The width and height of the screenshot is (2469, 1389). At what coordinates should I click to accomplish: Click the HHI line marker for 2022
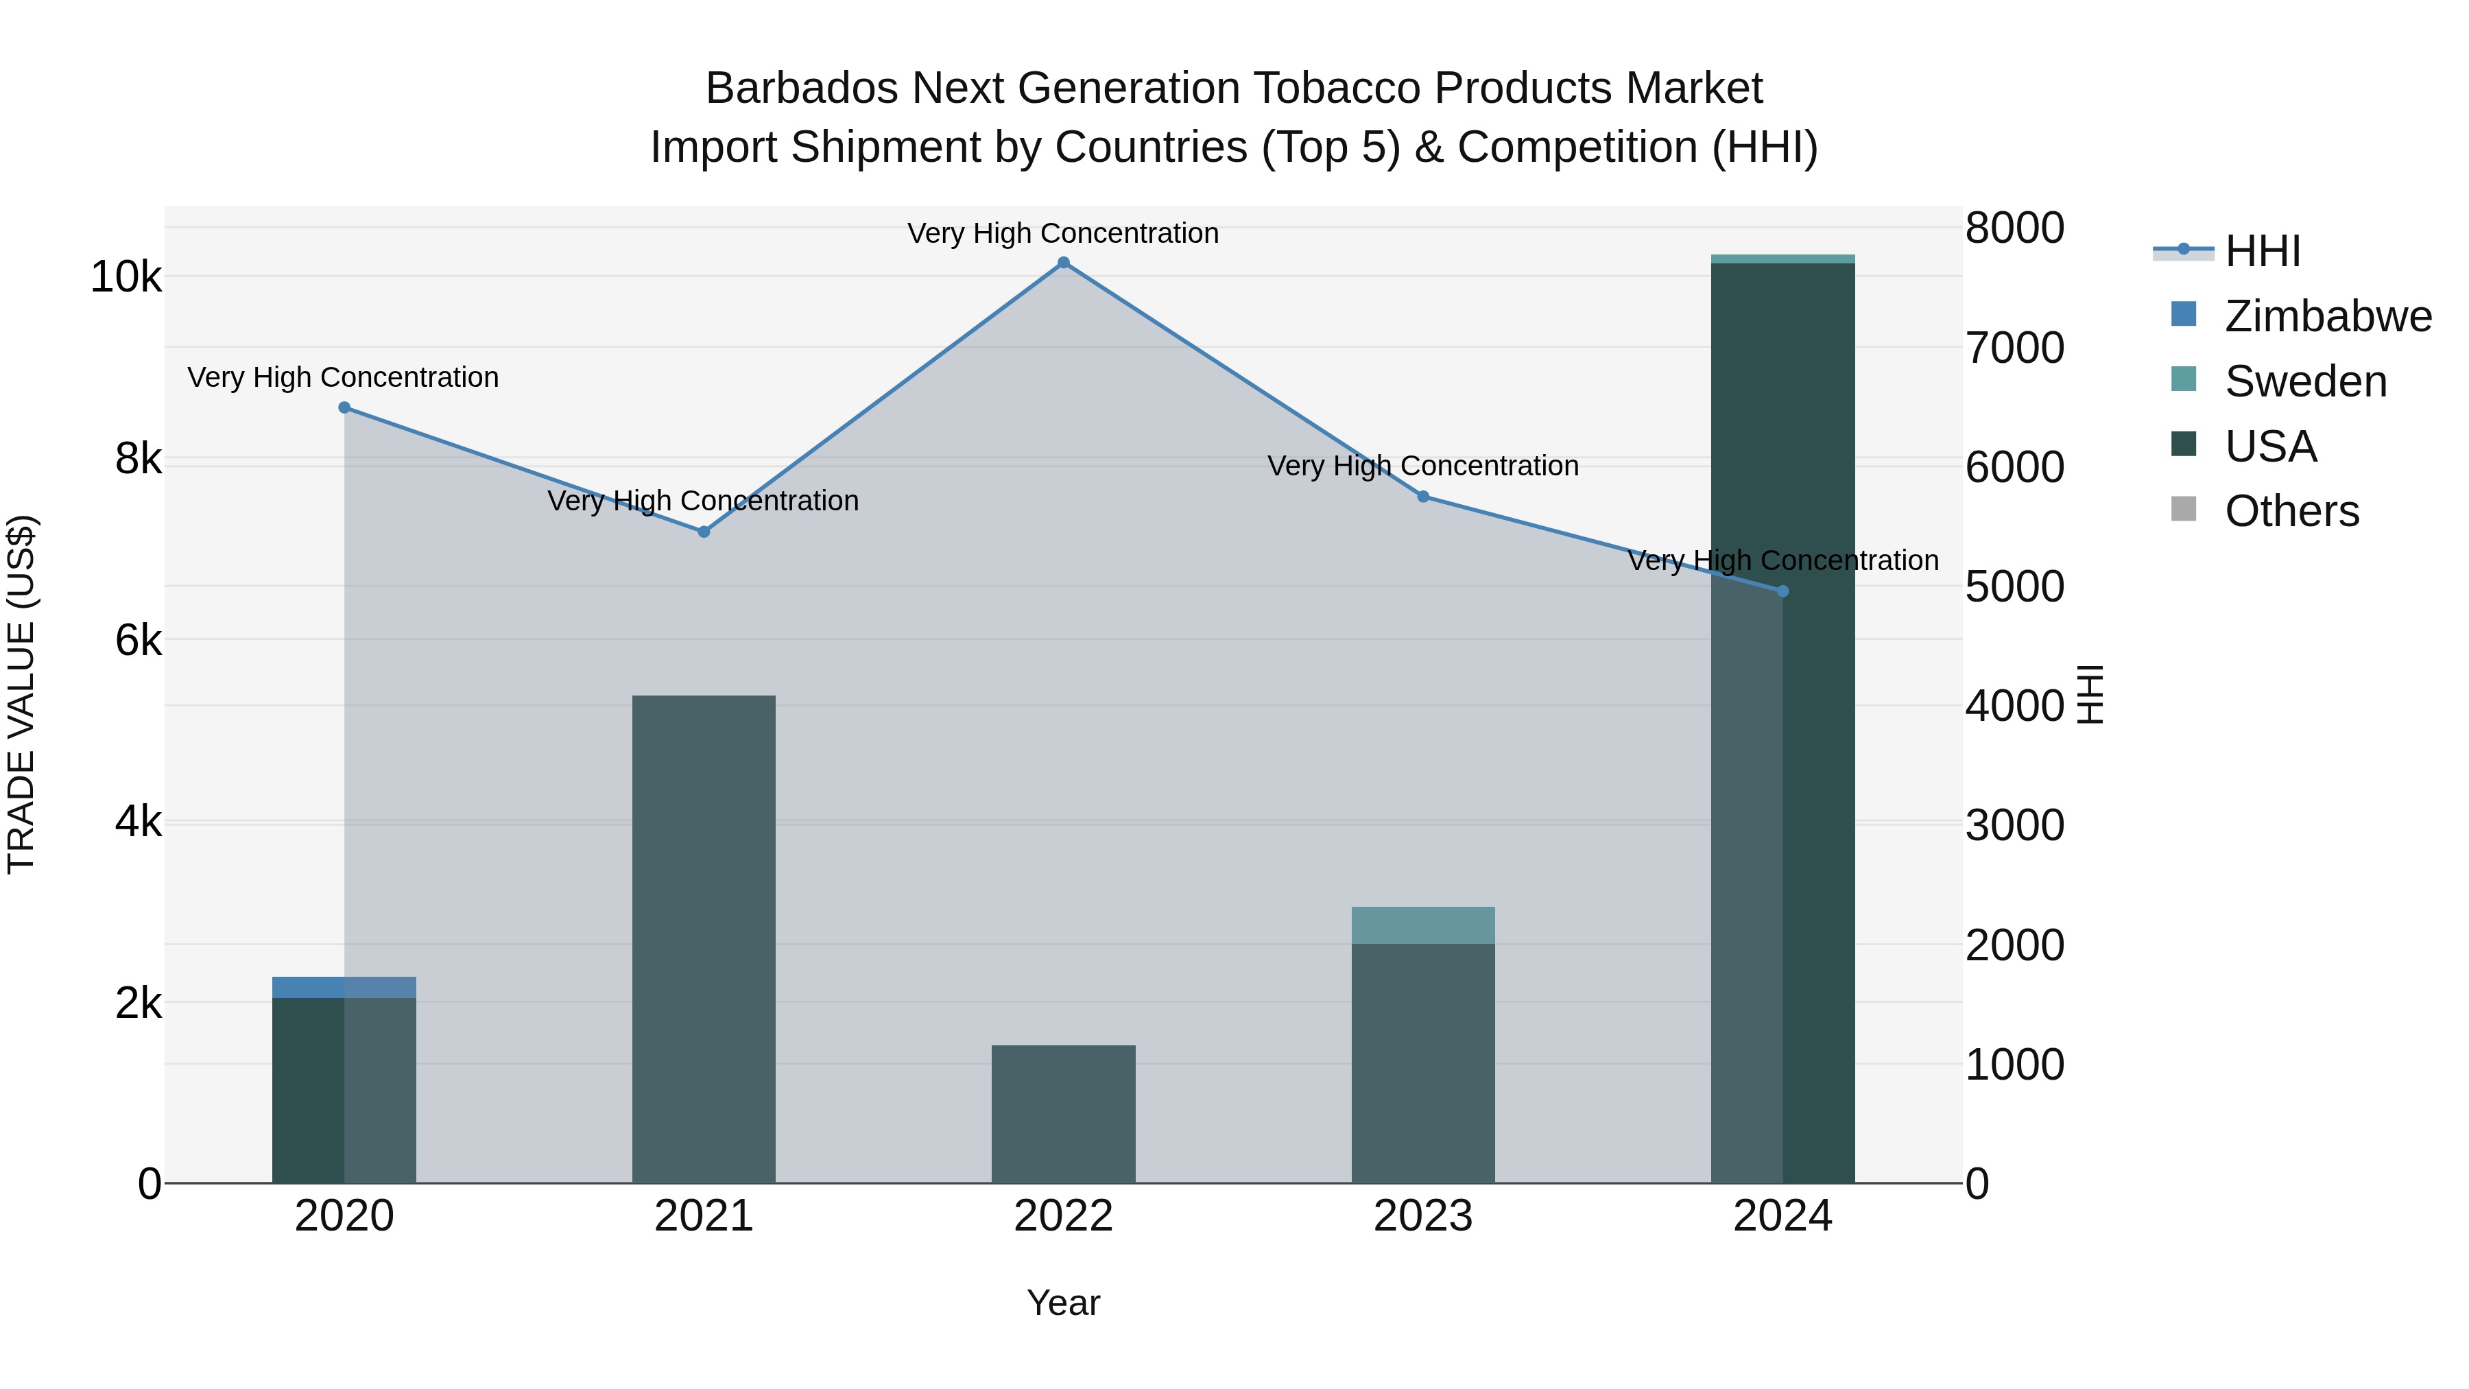(1063, 263)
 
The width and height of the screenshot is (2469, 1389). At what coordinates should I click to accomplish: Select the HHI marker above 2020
(344, 407)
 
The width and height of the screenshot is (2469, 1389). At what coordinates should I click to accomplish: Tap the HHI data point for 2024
(1782, 591)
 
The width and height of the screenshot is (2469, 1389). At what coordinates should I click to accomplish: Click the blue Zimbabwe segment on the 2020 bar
(344, 987)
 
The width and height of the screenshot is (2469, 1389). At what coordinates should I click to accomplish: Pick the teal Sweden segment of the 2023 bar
(1422, 925)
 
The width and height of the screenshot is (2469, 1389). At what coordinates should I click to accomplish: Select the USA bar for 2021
(704, 940)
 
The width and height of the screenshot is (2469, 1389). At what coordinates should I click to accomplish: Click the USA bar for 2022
(1063, 1114)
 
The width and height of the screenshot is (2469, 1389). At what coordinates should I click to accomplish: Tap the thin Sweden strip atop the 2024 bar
(1782, 259)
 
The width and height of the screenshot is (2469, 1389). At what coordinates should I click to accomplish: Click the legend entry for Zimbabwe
(2327, 316)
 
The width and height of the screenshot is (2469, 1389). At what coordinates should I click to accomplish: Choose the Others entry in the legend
(2291, 511)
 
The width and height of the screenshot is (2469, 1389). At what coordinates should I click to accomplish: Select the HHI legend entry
(2262, 251)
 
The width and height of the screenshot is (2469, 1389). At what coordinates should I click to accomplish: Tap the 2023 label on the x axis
(1422, 1216)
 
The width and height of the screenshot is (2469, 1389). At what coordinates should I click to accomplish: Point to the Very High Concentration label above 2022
(1063, 233)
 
